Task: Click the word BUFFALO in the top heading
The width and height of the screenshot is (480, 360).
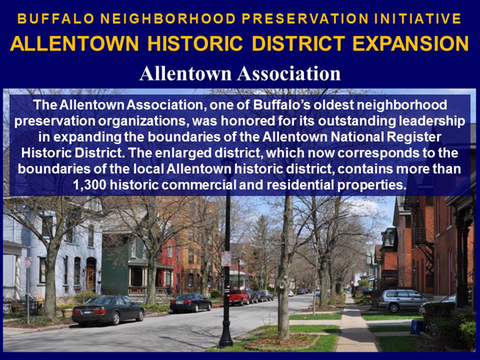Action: [55, 19]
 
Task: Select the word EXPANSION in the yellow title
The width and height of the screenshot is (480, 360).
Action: [411, 44]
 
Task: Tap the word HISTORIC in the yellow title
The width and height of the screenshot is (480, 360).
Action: [195, 44]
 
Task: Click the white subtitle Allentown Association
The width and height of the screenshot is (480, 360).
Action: [240, 73]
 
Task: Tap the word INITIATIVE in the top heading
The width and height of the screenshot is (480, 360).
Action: [418, 19]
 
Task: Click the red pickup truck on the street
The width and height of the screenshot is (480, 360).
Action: [235, 297]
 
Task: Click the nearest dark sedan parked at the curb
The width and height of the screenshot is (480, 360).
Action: [108, 310]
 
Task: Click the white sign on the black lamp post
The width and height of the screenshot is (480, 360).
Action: [226, 259]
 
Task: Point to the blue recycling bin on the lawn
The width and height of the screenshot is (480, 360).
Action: [416, 326]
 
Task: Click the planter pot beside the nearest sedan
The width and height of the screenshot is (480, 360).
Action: [67, 313]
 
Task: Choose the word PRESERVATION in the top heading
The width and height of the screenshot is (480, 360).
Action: [305, 19]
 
